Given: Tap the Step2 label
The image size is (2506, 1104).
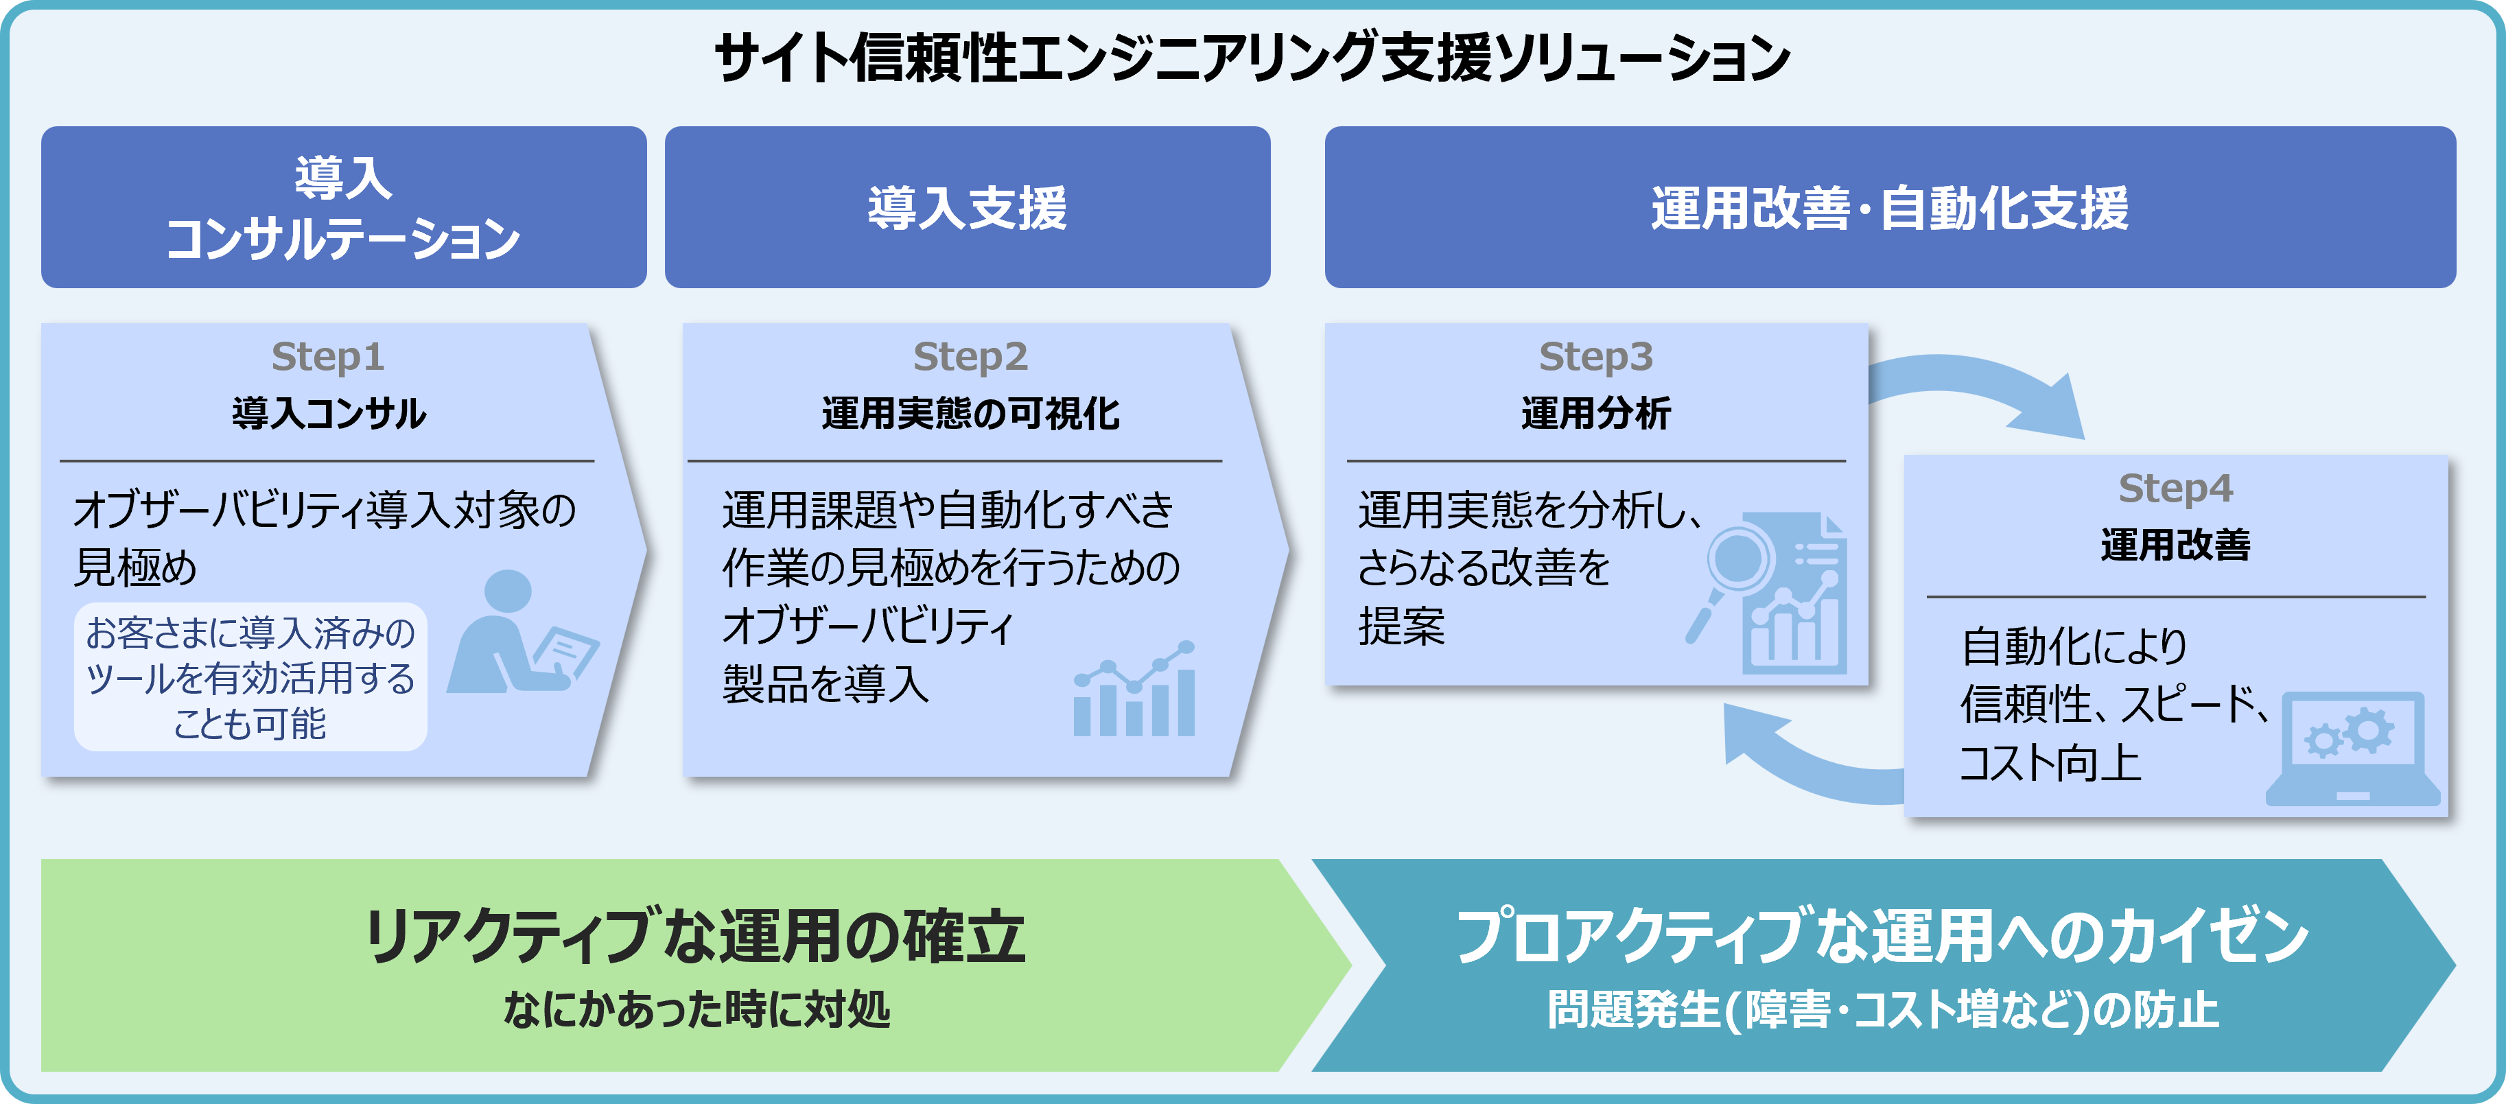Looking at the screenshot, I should [969, 357].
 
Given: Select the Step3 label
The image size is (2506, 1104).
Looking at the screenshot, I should [1595, 357].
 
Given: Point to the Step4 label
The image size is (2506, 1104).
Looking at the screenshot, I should [2175, 489].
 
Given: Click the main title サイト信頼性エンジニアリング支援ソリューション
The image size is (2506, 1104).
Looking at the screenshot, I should [1252, 58].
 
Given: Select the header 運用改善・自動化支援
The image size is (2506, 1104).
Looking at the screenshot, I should [1889, 207].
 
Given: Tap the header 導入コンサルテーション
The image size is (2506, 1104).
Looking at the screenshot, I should [343, 207].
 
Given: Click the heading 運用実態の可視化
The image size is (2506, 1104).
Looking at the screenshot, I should [969, 413].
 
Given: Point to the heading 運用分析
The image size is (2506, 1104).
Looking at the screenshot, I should [1595, 413].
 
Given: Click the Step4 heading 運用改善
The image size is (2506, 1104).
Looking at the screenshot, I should [2175, 545].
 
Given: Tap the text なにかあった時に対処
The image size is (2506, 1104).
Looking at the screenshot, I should [696, 1009].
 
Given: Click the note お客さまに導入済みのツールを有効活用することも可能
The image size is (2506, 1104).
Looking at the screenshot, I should [250, 678].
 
